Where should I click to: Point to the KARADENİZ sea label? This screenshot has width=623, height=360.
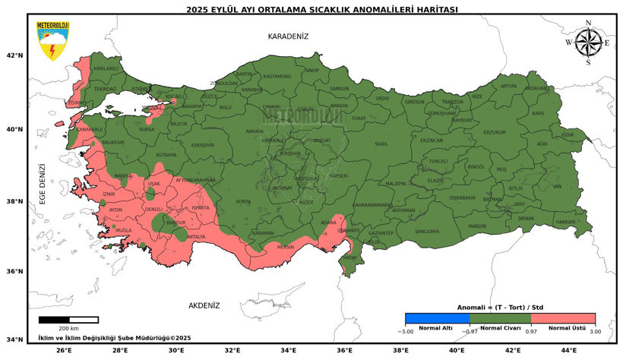click(288, 36)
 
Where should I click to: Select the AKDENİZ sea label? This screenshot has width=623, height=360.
click(204, 305)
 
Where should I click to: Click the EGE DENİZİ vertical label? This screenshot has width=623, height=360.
click(43, 184)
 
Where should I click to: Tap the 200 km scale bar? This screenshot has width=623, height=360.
click(68, 320)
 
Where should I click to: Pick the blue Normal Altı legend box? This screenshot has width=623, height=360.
click(437, 318)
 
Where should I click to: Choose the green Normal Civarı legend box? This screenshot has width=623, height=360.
click(500, 318)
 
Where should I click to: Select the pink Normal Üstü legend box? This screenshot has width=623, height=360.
click(563, 318)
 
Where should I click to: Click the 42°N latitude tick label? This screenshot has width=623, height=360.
click(14, 55)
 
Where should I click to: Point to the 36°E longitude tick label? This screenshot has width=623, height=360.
click(344, 350)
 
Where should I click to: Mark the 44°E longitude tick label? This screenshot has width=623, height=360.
click(568, 350)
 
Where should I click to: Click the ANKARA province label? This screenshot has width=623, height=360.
click(255, 131)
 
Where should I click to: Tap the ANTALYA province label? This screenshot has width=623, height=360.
click(196, 236)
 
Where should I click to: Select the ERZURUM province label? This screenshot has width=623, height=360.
click(494, 132)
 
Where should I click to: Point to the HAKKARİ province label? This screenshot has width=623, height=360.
click(566, 222)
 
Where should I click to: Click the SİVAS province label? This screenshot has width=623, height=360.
click(381, 143)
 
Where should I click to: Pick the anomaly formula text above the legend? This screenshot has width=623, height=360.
click(500, 307)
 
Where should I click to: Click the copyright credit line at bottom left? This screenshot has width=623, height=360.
click(114, 337)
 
